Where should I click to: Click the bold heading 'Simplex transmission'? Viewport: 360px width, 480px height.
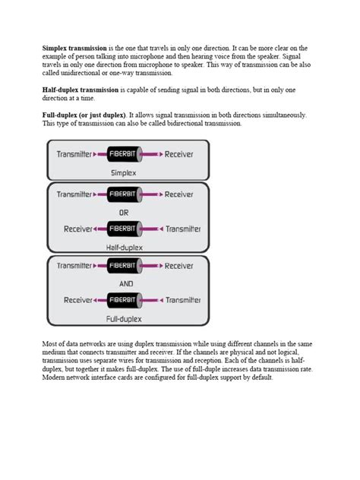(75, 47)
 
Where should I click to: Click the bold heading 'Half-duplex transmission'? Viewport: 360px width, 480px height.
(81, 90)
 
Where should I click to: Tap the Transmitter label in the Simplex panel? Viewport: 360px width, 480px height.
(74, 153)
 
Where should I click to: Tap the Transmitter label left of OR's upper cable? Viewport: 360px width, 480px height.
(74, 194)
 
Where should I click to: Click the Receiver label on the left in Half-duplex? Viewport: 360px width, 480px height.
(78, 229)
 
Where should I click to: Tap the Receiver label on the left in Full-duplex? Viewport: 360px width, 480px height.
(78, 300)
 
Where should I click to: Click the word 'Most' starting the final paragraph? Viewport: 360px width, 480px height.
(49, 344)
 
